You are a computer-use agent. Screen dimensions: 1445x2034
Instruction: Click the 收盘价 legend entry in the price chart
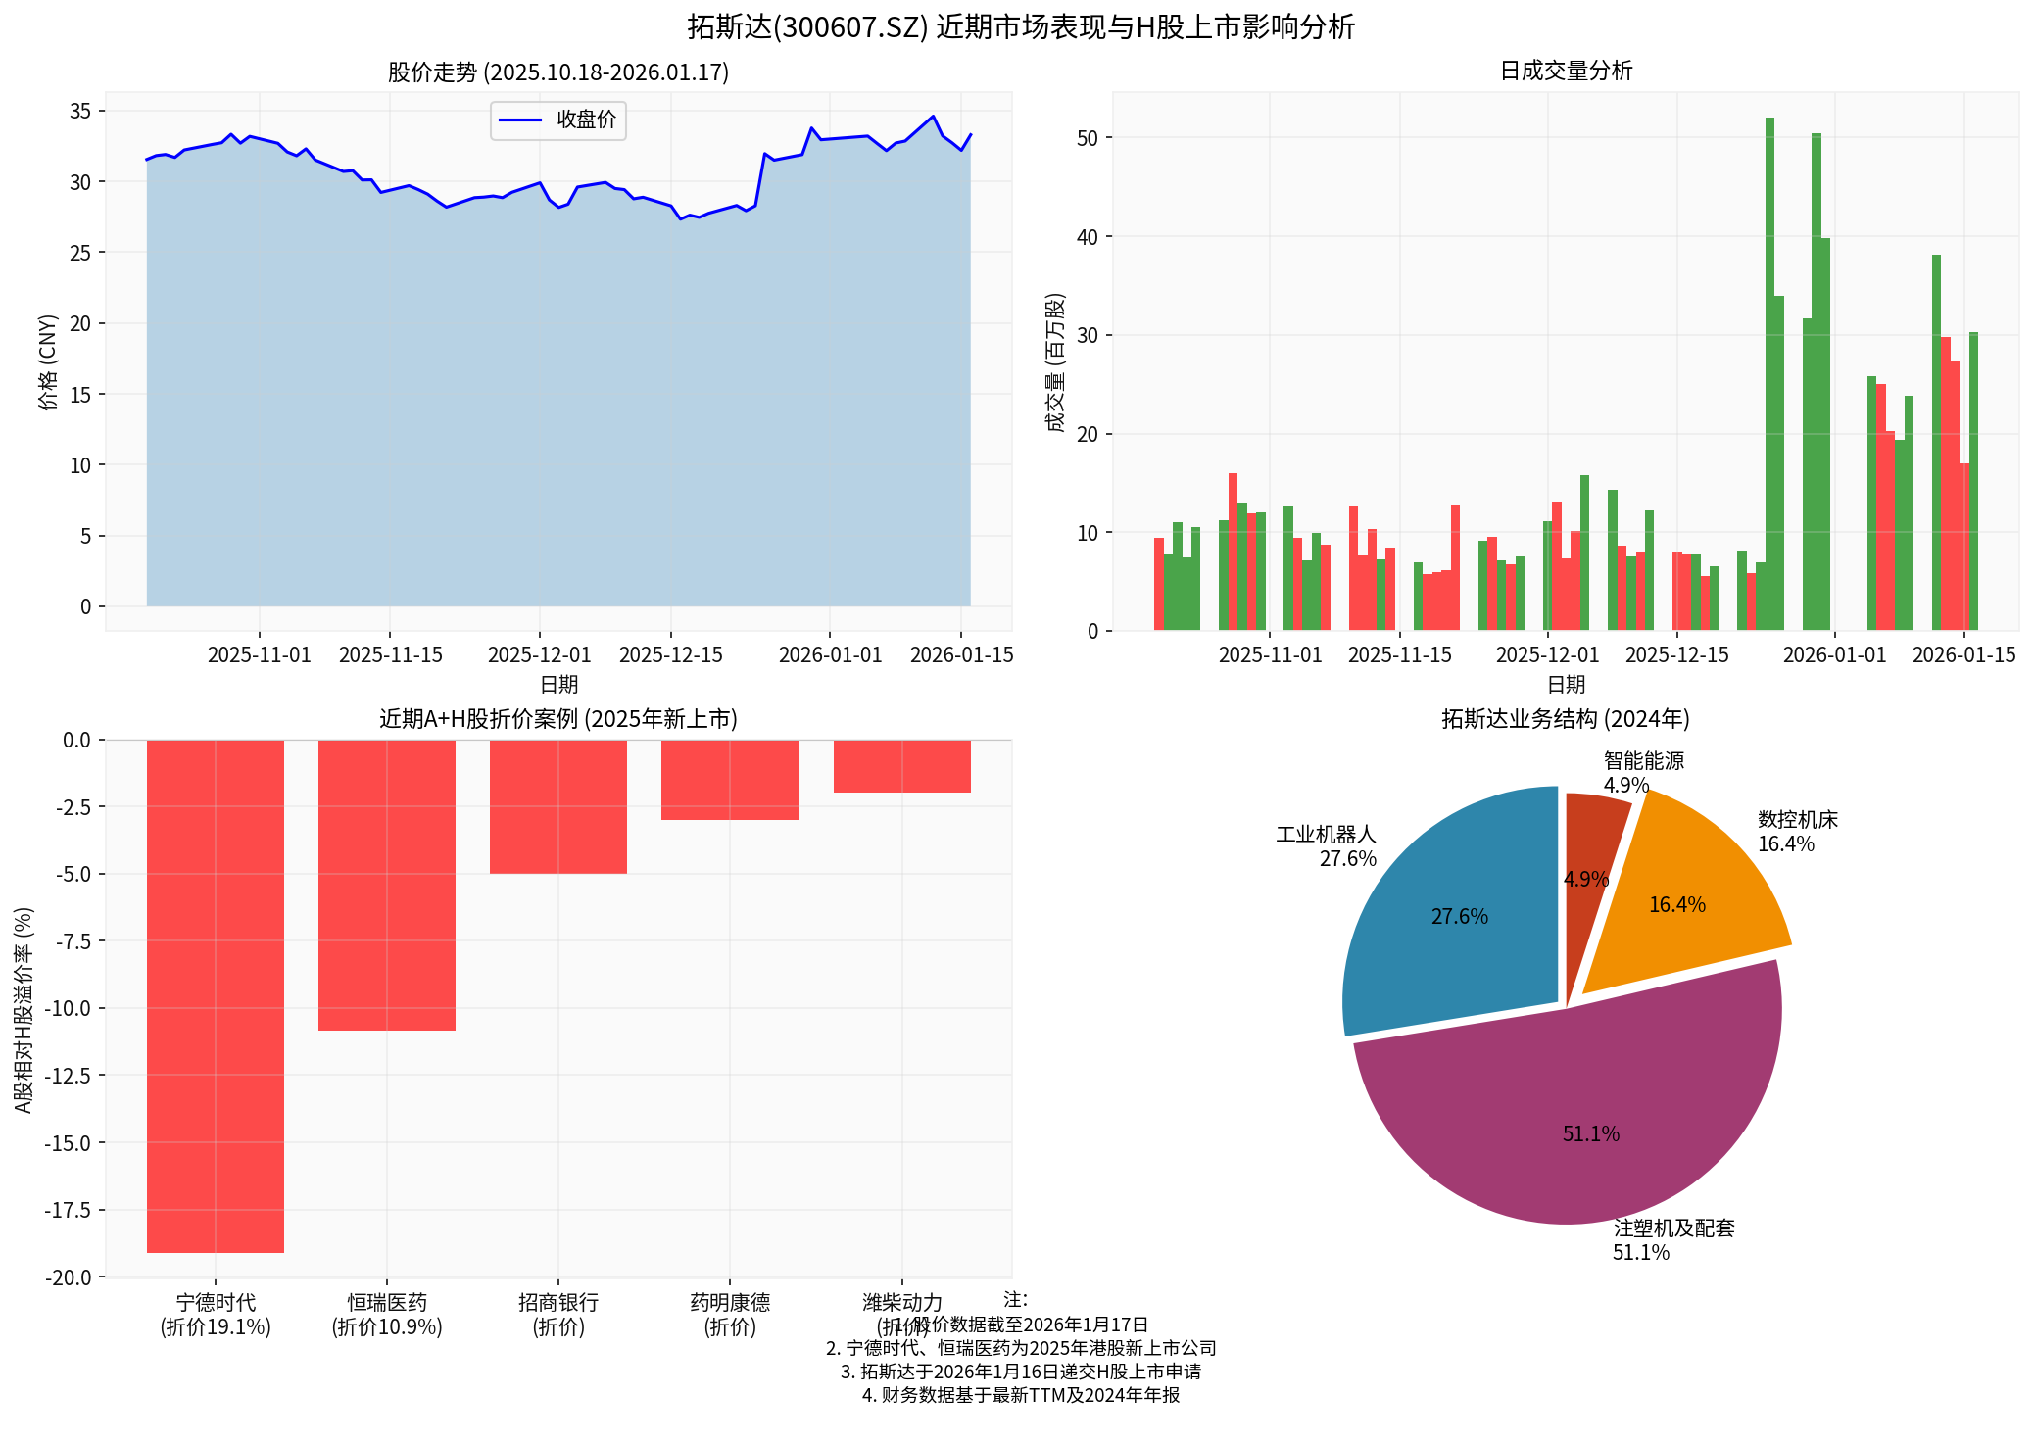pos(558,120)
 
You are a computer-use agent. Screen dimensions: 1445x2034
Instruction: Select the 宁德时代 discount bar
pos(216,994)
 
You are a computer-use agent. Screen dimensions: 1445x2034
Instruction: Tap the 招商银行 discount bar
pos(558,806)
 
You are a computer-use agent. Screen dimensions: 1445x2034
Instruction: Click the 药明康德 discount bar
pos(730,780)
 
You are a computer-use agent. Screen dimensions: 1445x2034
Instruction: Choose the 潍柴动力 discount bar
pos(901,766)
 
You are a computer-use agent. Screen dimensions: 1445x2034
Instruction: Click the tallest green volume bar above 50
pos(1769,372)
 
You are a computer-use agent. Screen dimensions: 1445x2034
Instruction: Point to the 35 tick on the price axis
pos(80,111)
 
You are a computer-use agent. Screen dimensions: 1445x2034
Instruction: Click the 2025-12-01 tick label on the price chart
pos(539,654)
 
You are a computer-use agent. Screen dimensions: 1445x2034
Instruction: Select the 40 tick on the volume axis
pos(1088,237)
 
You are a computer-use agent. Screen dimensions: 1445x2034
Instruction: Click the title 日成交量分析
pos(1566,71)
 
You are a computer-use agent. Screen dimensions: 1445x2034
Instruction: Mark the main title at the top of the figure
pos(1020,26)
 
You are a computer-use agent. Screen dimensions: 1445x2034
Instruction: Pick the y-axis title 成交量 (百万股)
pos(1055,362)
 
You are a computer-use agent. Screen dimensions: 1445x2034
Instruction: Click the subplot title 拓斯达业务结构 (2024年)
pos(1565,719)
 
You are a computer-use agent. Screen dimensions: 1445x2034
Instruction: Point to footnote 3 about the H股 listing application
pos(1020,1372)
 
